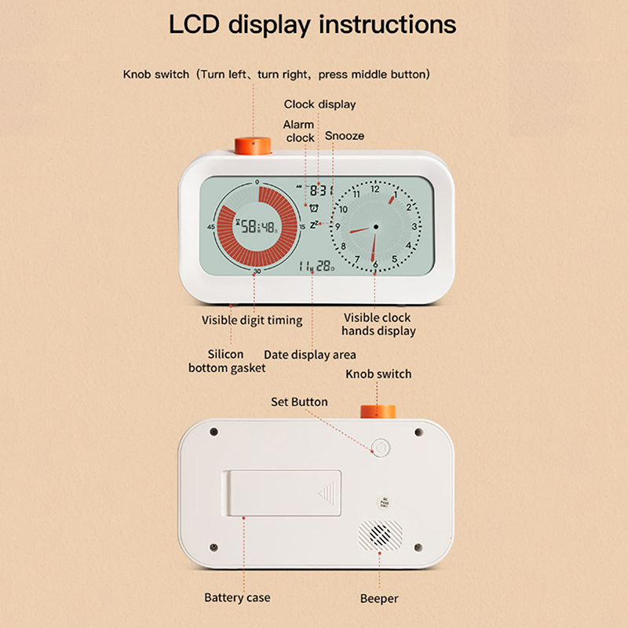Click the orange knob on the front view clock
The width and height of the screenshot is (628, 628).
253,145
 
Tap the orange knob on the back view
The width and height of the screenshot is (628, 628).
378,411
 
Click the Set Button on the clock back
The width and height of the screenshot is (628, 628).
381,447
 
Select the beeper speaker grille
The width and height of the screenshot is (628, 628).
380,536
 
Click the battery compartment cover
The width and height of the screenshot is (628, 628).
282,493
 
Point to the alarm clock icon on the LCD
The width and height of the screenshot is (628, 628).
313,207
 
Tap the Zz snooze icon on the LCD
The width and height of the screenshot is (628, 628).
315,225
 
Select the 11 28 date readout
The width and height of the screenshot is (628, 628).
316,266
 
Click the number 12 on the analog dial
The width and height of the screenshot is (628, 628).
375,189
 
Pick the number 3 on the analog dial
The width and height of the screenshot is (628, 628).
414,227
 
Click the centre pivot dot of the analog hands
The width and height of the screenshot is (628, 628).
376,227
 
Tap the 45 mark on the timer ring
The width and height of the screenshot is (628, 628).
210,227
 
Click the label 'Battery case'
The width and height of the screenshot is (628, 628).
237,597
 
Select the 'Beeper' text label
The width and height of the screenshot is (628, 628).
379,598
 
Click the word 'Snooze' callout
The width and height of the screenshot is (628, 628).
345,136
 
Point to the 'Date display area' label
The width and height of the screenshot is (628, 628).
309,355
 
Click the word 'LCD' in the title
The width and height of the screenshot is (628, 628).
194,24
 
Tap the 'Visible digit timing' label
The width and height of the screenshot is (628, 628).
252,320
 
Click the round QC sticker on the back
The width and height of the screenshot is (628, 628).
384,502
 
